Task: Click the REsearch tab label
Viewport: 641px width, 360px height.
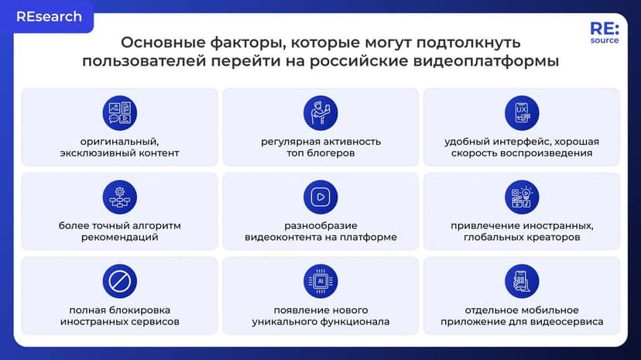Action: (49, 16)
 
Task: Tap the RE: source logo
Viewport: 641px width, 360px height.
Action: (604, 34)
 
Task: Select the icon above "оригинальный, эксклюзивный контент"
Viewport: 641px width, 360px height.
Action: (119, 113)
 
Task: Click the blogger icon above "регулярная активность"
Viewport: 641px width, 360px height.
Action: (320, 113)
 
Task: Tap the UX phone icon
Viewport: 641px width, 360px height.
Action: (522, 113)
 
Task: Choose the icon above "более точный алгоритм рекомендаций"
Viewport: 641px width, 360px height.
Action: (119, 197)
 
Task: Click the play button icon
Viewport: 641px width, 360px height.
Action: (320, 197)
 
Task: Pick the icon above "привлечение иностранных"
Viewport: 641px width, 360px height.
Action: (522, 197)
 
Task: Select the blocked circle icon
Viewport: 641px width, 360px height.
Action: (119, 281)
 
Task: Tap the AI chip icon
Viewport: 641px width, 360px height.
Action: (320, 281)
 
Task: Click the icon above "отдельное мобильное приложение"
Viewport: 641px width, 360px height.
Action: (522, 281)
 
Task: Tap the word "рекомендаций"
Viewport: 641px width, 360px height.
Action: (119, 237)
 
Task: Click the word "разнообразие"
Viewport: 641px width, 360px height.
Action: (320, 225)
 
